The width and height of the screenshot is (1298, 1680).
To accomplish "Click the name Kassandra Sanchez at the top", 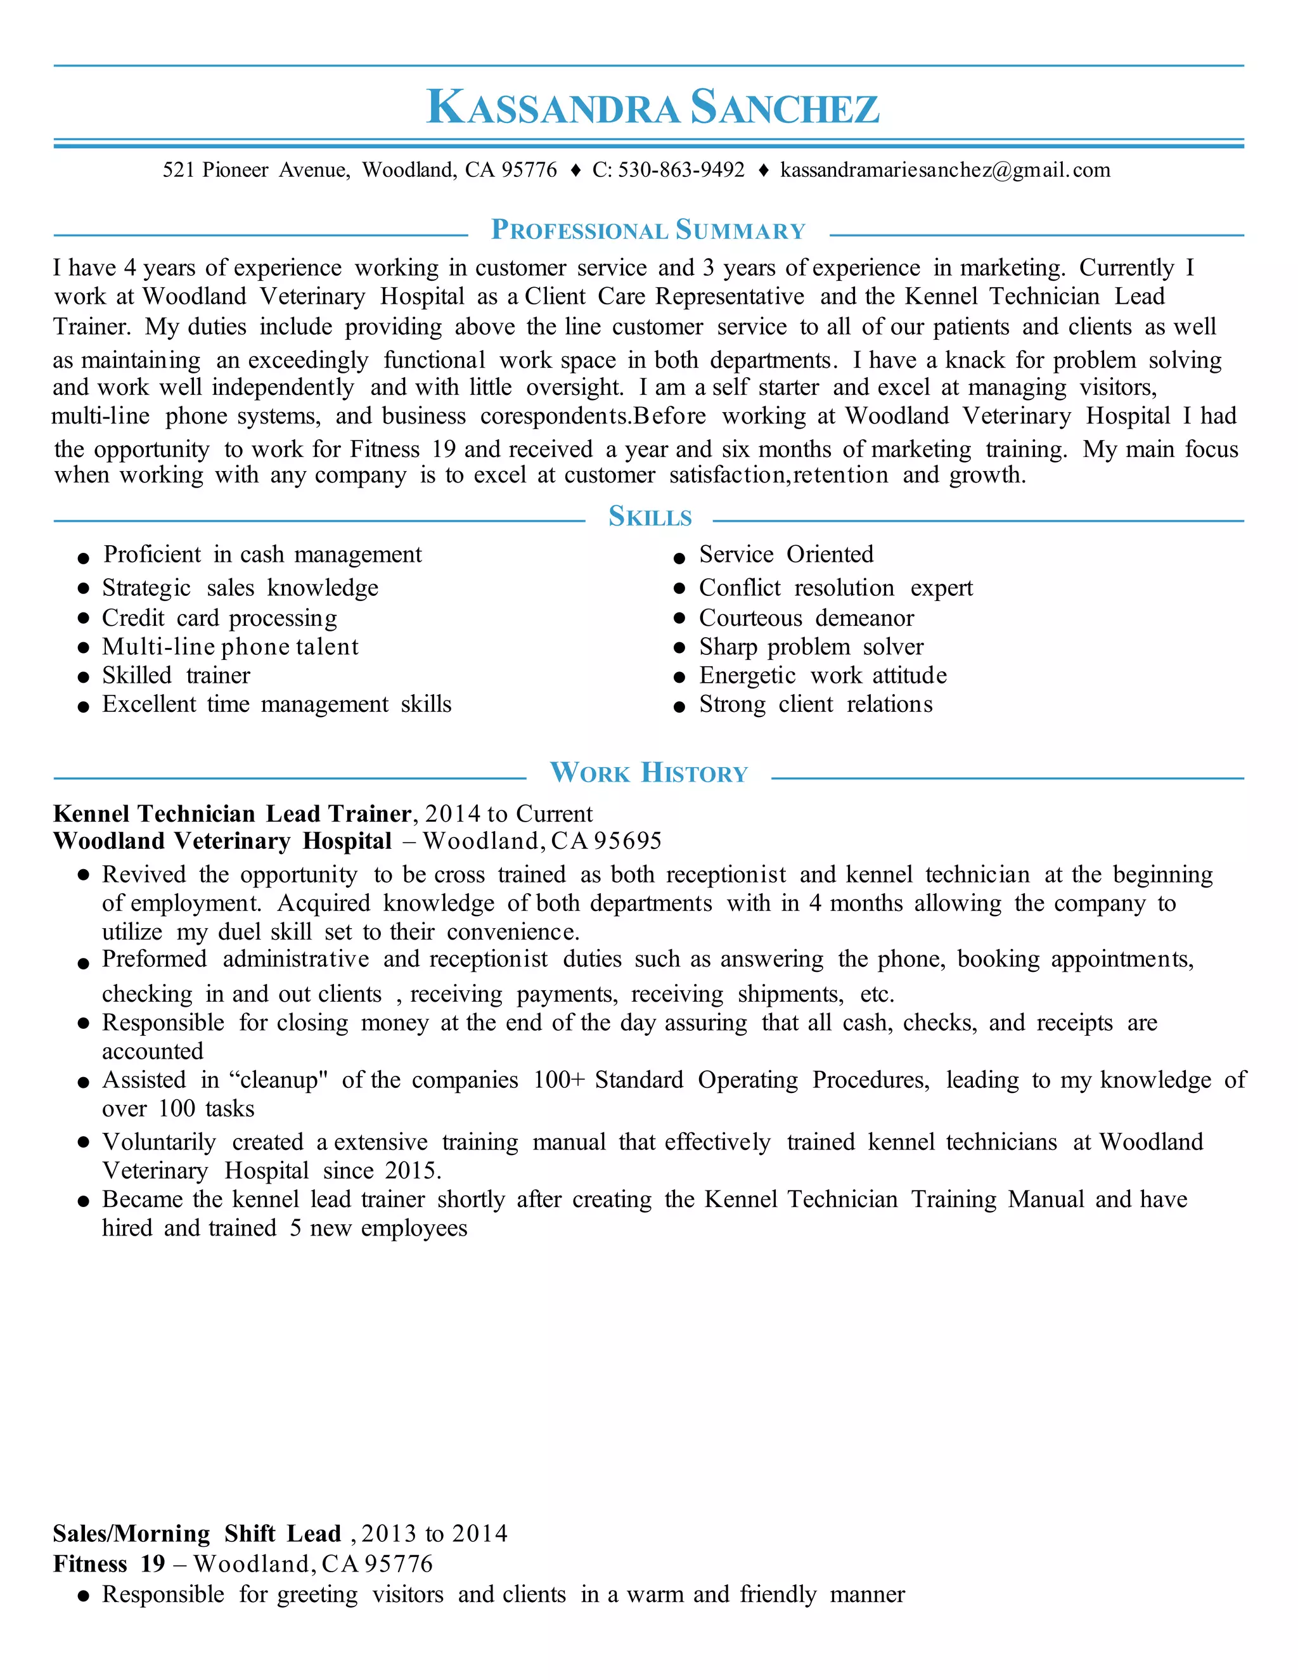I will click(652, 107).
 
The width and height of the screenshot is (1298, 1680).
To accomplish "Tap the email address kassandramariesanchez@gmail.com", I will click(945, 170).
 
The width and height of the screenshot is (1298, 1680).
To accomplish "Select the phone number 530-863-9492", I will click(681, 170).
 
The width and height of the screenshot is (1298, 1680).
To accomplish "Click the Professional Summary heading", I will click(648, 230).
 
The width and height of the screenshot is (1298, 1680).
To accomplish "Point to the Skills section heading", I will click(650, 516).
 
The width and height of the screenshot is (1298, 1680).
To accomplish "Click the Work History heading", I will click(648, 772).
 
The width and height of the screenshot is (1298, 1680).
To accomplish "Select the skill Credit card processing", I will click(219, 617).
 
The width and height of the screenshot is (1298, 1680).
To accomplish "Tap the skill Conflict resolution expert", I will click(835, 588).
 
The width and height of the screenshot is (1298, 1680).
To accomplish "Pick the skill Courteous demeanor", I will click(806, 617).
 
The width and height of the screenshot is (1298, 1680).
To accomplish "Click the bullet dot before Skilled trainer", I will click(84, 677).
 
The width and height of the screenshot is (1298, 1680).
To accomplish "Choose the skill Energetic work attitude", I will click(822, 675).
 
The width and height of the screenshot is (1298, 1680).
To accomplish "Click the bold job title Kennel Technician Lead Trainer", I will click(232, 813).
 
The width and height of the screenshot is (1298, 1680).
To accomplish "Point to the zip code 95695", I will click(627, 841).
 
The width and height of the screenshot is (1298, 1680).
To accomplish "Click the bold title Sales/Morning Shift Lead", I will click(197, 1534).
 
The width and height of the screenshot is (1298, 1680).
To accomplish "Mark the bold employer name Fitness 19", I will click(108, 1564).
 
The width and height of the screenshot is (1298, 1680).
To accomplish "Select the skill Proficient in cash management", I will click(262, 554).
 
